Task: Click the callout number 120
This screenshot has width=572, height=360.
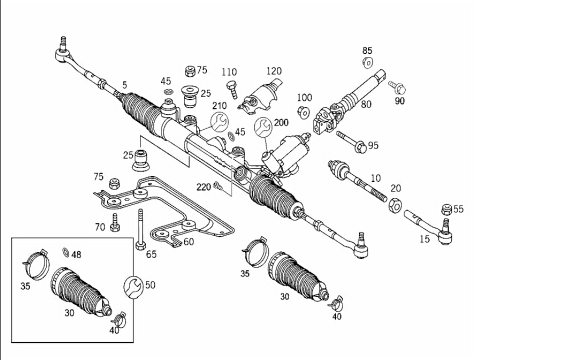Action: pyautogui.click(x=274, y=71)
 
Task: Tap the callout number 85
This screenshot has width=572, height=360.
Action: pyautogui.click(x=367, y=51)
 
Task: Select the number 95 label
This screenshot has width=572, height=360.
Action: pyautogui.click(x=373, y=146)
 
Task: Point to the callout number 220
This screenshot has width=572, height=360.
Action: pyautogui.click(x=204, y=187)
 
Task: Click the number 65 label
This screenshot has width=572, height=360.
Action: pyautogui.click(x=151, y=254)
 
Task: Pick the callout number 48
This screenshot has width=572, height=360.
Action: pyautogui.click(x=76, y=255)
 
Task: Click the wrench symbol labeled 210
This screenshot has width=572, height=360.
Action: pyautogui.click(x=220, y=122)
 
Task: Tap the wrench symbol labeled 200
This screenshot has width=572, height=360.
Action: pyautogui.click(x=263, y=127)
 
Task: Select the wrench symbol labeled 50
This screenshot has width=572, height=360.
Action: pyautogui.click(x=133, y=286)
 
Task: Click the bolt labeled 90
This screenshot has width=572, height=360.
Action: pyautogui.click(x=397, y=88)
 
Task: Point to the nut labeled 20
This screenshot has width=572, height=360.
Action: pyautogui.click(x=395, y=205)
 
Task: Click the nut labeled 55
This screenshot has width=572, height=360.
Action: pyautogui.click(x=447, y=210)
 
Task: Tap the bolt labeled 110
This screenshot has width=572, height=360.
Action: pyautogui.click(x=232, y=89)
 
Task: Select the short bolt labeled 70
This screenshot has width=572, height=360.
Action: pyautogui.click(x=115, y=222)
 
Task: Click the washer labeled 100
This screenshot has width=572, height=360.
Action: pyautogui.click(x=303, y=112)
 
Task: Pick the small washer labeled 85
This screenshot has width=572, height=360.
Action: pyautogui.click(x=368, y=63)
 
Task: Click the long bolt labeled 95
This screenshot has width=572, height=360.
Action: pyautogui.click(x=352, y=142)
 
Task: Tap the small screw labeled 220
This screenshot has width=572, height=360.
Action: pyautogui.click(x=219, y=186)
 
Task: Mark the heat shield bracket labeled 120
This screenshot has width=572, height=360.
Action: pyautogui.click(x=262, y=98)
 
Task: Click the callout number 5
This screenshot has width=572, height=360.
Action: pyautogui.click(x=125, y=85)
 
